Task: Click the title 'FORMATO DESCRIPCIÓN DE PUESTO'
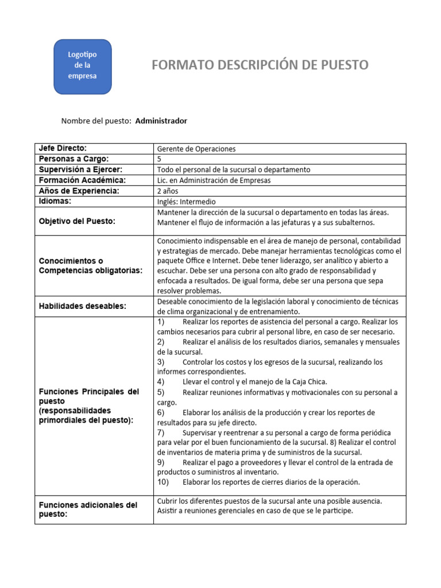pos(260,65)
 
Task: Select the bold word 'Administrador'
pos(161,121)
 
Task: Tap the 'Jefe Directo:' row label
pos(63,148)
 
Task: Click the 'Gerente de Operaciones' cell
pos(196,149)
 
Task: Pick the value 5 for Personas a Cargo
pos(159,159)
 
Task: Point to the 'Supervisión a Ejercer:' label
pos(80,169)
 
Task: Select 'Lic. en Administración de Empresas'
pos(214,180)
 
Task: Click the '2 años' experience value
pos(167,191)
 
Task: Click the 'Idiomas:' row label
pos(55,201)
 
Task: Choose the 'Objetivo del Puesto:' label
pos(77,221)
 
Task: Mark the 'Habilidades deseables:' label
pos(82,306)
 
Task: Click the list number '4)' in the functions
pos(161,382)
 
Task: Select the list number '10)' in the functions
pos(163,482)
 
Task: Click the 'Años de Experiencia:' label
pos(79,191)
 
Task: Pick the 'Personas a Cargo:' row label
pos(73,158)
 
